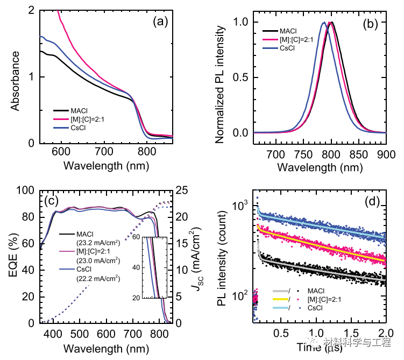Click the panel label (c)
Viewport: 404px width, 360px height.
[x=53, y=201]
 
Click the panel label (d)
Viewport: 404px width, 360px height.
[x=372, y=202]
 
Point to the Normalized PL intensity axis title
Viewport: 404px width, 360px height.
[x=220, y=80]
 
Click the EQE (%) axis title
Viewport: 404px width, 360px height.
[x=16, y=257]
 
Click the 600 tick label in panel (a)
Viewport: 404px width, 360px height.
[x=61, y=152]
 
